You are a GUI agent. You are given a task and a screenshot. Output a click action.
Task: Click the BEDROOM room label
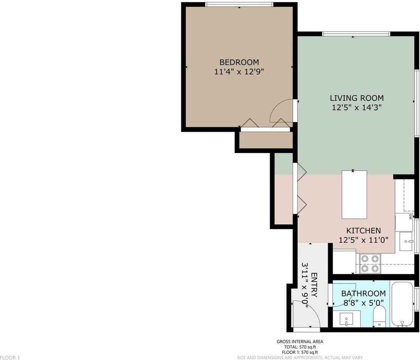[239, 62]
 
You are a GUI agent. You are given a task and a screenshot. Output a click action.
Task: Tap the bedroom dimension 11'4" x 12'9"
[239, 72]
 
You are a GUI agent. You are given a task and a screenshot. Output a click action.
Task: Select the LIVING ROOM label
[357, 98]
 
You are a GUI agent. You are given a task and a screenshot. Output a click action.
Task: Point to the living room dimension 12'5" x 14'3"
[357, 108]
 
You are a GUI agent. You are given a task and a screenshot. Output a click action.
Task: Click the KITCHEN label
[363, 231]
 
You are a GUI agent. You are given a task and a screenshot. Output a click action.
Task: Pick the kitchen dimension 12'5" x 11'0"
[363, 240]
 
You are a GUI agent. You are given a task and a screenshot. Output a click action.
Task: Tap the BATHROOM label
[363, 293]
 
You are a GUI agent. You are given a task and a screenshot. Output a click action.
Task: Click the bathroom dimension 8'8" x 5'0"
[363, 303]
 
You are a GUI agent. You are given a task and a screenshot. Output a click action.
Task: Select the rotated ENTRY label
[315, 285]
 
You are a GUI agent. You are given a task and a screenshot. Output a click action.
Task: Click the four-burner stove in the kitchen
[370, 263]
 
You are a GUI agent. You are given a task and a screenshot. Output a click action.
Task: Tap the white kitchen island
[354, 195]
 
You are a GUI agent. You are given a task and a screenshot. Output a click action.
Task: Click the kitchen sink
[406, 241]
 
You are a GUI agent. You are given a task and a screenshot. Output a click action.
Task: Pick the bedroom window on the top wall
[239, 4]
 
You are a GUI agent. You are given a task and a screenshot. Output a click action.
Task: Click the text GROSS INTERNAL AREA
[300, 342]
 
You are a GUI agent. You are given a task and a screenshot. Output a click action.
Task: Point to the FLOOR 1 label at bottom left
[10, 357]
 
